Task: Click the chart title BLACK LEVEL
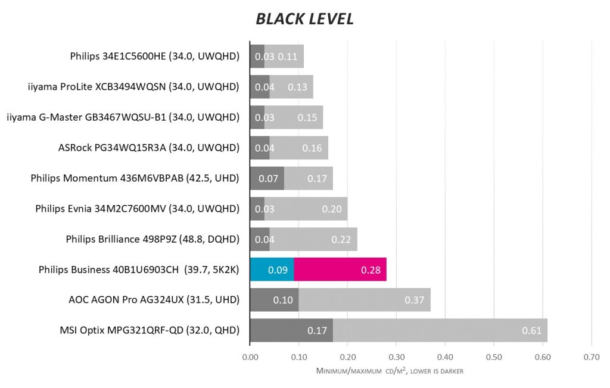304,19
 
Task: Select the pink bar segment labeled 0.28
340,270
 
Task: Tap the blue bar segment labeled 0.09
272,270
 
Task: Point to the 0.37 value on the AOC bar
414,300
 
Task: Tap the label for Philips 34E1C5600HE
154,57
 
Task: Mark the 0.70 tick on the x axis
591,358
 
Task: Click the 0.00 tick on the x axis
250,358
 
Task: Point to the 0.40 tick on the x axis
445,358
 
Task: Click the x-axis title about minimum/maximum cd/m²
390,371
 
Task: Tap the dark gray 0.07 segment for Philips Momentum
267,178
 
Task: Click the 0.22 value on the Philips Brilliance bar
341,239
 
